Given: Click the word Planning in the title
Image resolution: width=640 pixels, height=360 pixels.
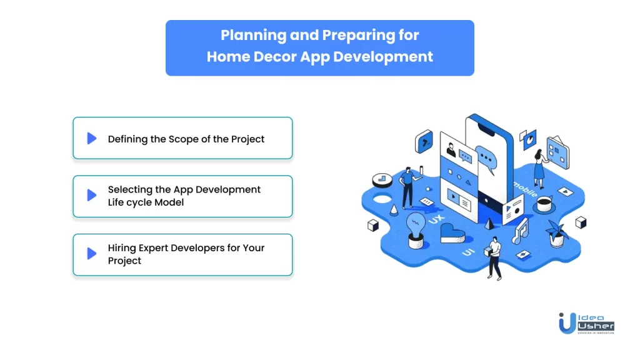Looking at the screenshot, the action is pyautogui.click(x=254, y=36).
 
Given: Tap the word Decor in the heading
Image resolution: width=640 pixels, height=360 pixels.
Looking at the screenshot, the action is pyautogui.click(x=275, y=56).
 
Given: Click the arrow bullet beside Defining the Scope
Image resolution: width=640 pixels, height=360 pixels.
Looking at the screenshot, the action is pyautogui.click(x=92, y=138).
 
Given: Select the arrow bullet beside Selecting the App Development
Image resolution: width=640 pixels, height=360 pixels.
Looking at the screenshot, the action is pyautogui.click(x=92, y=195).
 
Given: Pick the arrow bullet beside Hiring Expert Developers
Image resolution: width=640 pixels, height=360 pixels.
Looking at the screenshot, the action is pyautogui.click(x=92, y=254).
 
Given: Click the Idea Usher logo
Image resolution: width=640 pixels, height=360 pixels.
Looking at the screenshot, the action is pyautogui.click(x=586, y=323).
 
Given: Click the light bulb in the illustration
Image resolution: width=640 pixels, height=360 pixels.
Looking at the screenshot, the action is pyautogui.click(x=416, y=230).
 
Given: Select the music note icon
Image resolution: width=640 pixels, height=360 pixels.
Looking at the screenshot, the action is pyautogui.click(x=521, y=231).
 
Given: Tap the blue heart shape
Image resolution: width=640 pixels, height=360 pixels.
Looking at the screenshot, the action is pyautogui.click(x=452, y=233).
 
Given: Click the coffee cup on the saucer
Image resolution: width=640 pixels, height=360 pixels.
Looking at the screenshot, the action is pyautogui.click(x=544, y=204).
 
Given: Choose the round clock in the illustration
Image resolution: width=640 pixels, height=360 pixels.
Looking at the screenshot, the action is pyautogui.click(x=382, y=180).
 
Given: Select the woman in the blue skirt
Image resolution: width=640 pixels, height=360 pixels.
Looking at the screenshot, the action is pyautogui.click(x=541, y=169).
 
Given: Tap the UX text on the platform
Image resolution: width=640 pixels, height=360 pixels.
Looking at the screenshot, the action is pyautogui.click(x=436, y=219).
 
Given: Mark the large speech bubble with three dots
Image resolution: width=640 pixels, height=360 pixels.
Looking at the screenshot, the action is pyautogui.click(x=486, y=159).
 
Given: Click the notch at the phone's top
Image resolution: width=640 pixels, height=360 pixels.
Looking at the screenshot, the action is pyautogui.click(x=486, y=131).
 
